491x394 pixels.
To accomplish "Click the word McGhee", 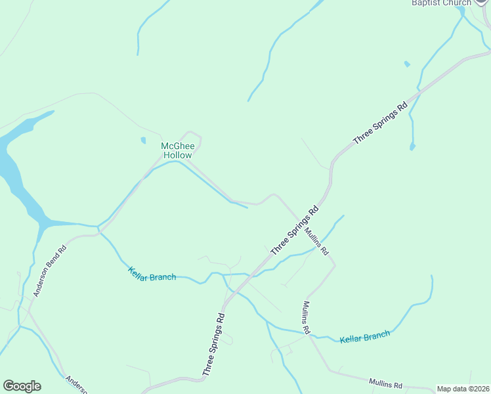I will click(177, 146).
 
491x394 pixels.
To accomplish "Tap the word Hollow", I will click(178, 155).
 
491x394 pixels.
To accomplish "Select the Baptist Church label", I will click(441, 3).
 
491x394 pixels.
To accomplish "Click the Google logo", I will click(22, 386).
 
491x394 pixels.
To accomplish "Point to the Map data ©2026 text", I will click(463, 389).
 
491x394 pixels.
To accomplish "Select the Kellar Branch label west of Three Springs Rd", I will click(152, 274).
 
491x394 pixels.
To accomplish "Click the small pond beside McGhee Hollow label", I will click(143, 140).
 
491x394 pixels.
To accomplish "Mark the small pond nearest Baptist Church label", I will click(407, 64).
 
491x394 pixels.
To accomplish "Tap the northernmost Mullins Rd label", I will click(316, 241).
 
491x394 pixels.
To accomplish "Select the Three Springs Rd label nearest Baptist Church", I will click(380, 123).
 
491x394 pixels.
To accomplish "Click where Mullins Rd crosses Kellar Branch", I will click(308, 334).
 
